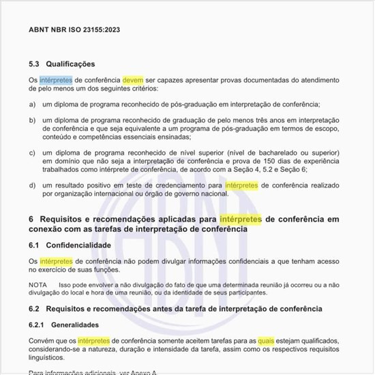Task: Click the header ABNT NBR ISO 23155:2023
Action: click(x=74, y=31)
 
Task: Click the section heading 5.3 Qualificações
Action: click(x=61, y=64)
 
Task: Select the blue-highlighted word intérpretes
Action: click(x=56, y=80)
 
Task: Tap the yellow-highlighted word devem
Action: click(x=133, y=80)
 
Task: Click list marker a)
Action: click(x=33, y=104)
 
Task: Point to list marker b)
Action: click(x=33, y=119)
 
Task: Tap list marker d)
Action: click(x=33, y=185)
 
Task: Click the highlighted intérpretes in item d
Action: click(x=241, y=185)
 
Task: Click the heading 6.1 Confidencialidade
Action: click(x=70, y=244)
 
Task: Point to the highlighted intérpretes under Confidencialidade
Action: click(x=56, y=261)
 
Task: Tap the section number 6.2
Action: click(x=35, y=309)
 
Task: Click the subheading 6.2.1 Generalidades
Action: click(x=63, y=325)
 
